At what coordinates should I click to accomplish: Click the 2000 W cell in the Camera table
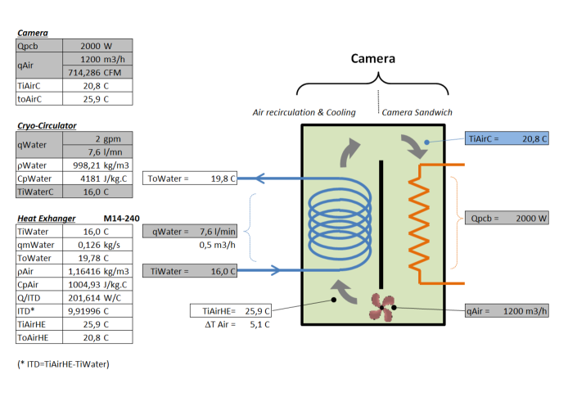point(97,46)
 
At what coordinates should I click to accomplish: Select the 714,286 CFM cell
point(97,72)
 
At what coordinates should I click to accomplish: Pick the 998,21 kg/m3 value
point(97,165)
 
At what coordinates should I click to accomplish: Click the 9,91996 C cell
point(97,310)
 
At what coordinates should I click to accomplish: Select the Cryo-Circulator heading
point(47,125)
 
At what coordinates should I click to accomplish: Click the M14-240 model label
point(121,219)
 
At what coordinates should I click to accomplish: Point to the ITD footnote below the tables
point(63,364)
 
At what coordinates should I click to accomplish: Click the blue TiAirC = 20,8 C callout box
point(507,138)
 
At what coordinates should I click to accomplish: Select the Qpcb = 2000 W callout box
point(507,218)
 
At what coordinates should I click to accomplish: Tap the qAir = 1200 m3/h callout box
point(507,310)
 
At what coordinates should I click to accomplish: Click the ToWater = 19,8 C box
point(190,178)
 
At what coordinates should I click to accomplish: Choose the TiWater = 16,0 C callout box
point(190,271)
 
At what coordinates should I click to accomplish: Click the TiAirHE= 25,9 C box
point(231,310)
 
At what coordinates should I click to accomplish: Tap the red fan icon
point(382,308)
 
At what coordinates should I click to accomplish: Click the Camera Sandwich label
point(417,112)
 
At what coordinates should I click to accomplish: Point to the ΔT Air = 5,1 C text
point(237,324)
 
